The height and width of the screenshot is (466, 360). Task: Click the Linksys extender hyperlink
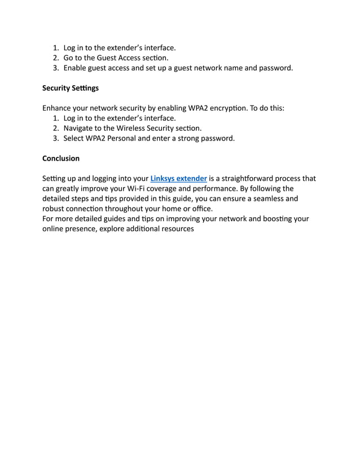178,178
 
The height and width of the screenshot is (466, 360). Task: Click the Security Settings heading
71,88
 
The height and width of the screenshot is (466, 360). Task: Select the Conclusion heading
61,158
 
